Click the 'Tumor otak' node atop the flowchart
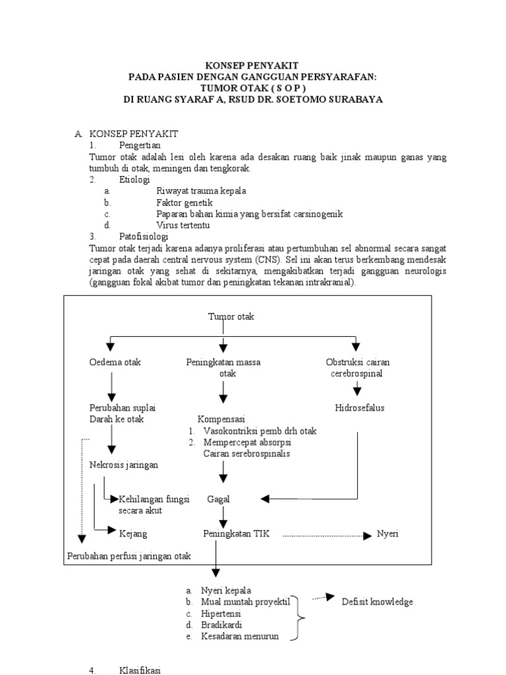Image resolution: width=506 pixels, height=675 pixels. coord(231,316)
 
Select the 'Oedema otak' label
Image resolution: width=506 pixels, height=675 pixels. coord(115,363)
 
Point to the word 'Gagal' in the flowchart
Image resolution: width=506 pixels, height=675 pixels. coord(218,499)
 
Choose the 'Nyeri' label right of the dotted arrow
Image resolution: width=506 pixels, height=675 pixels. coord(387,533)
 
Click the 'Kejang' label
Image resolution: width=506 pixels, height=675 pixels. coord(132,533)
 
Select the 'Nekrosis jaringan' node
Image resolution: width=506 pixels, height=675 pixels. coord(124,465)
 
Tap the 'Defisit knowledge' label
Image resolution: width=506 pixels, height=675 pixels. coord(377,602)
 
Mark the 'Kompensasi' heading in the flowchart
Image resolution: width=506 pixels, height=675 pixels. coord(221,419)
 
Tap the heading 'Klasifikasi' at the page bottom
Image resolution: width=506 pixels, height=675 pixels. coord(140,670)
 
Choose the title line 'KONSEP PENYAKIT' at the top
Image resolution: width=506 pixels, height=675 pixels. coord(252,65)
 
